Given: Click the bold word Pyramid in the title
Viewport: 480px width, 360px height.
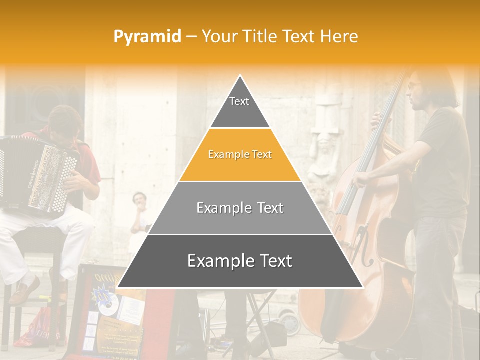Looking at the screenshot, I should [147, 36].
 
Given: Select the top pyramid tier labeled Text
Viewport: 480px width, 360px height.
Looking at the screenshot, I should [239, 105].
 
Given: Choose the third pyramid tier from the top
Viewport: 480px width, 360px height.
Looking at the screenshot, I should [240, 208].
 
